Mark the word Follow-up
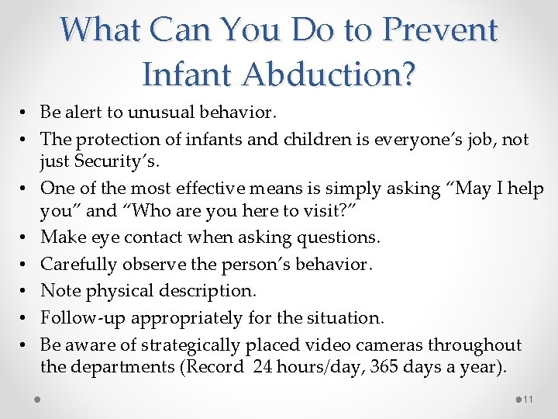(x=82, y=317)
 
